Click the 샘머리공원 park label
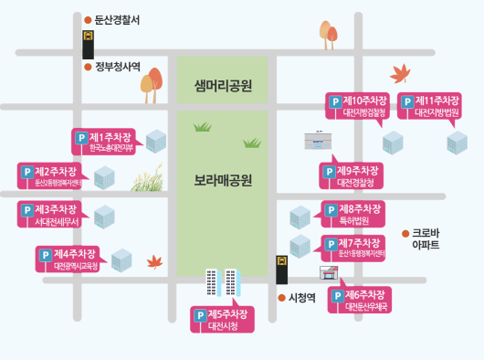coord(223,86)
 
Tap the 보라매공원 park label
coord(223,179)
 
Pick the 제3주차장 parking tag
coord(50,215)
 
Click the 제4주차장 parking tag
coord(68,259)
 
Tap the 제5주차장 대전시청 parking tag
coord(223,319)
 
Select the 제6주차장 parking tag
coord(361,301)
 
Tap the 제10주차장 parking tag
coord(358,105)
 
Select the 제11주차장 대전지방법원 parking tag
coord(429,105)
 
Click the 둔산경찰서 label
coord(117,19)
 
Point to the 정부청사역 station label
coord(117,66)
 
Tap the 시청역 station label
coord(301,297)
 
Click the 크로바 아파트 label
coord(426,239)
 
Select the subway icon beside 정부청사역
coord(88,43)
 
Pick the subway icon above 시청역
coord(282,270)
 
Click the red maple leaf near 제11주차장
coord(399,74)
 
